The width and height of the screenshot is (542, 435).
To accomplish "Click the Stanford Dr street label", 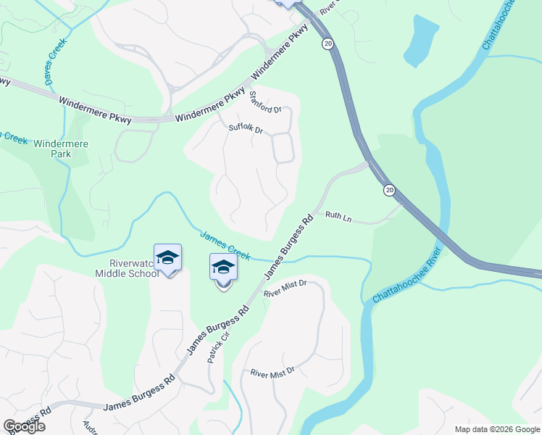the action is [x=264, y=102].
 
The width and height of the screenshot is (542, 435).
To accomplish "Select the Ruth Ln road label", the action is [x=338, y=215].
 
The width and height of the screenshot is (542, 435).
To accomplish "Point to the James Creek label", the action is [x=225, y=246].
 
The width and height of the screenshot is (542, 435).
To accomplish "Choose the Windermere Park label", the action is [x=62, y=149].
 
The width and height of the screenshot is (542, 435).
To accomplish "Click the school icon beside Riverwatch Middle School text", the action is [x=167, y=258].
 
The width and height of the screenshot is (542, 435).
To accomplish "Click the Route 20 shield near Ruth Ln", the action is [x=389, y=190].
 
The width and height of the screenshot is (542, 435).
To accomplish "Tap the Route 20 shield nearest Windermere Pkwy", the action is [x=328, y=44].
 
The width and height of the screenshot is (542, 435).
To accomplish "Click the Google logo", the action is [x=24, y=426].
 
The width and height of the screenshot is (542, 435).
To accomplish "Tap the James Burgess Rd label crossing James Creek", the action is [x=288, y=246].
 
